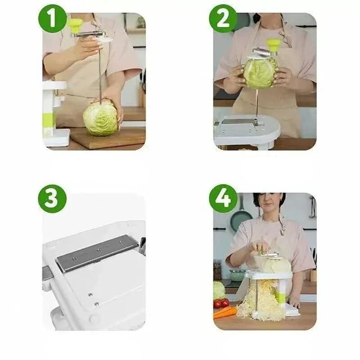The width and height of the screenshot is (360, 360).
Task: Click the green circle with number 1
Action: click(52, 19)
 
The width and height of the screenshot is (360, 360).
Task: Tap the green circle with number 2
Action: click(223, 19)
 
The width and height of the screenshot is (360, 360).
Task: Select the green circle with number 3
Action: click(52, 198)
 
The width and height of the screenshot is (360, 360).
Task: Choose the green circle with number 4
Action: click(223, 198)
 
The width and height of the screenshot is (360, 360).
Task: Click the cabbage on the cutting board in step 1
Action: click(100, 119)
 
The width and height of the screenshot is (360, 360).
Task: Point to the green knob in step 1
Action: click(76, 23)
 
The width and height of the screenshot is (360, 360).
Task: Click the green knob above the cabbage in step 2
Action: click(273, 44)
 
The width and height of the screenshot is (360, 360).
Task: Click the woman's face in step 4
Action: click(269, 205)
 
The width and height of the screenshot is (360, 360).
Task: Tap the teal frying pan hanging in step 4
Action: click(241, 218)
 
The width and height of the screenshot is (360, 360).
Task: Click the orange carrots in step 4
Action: click(224, 312)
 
